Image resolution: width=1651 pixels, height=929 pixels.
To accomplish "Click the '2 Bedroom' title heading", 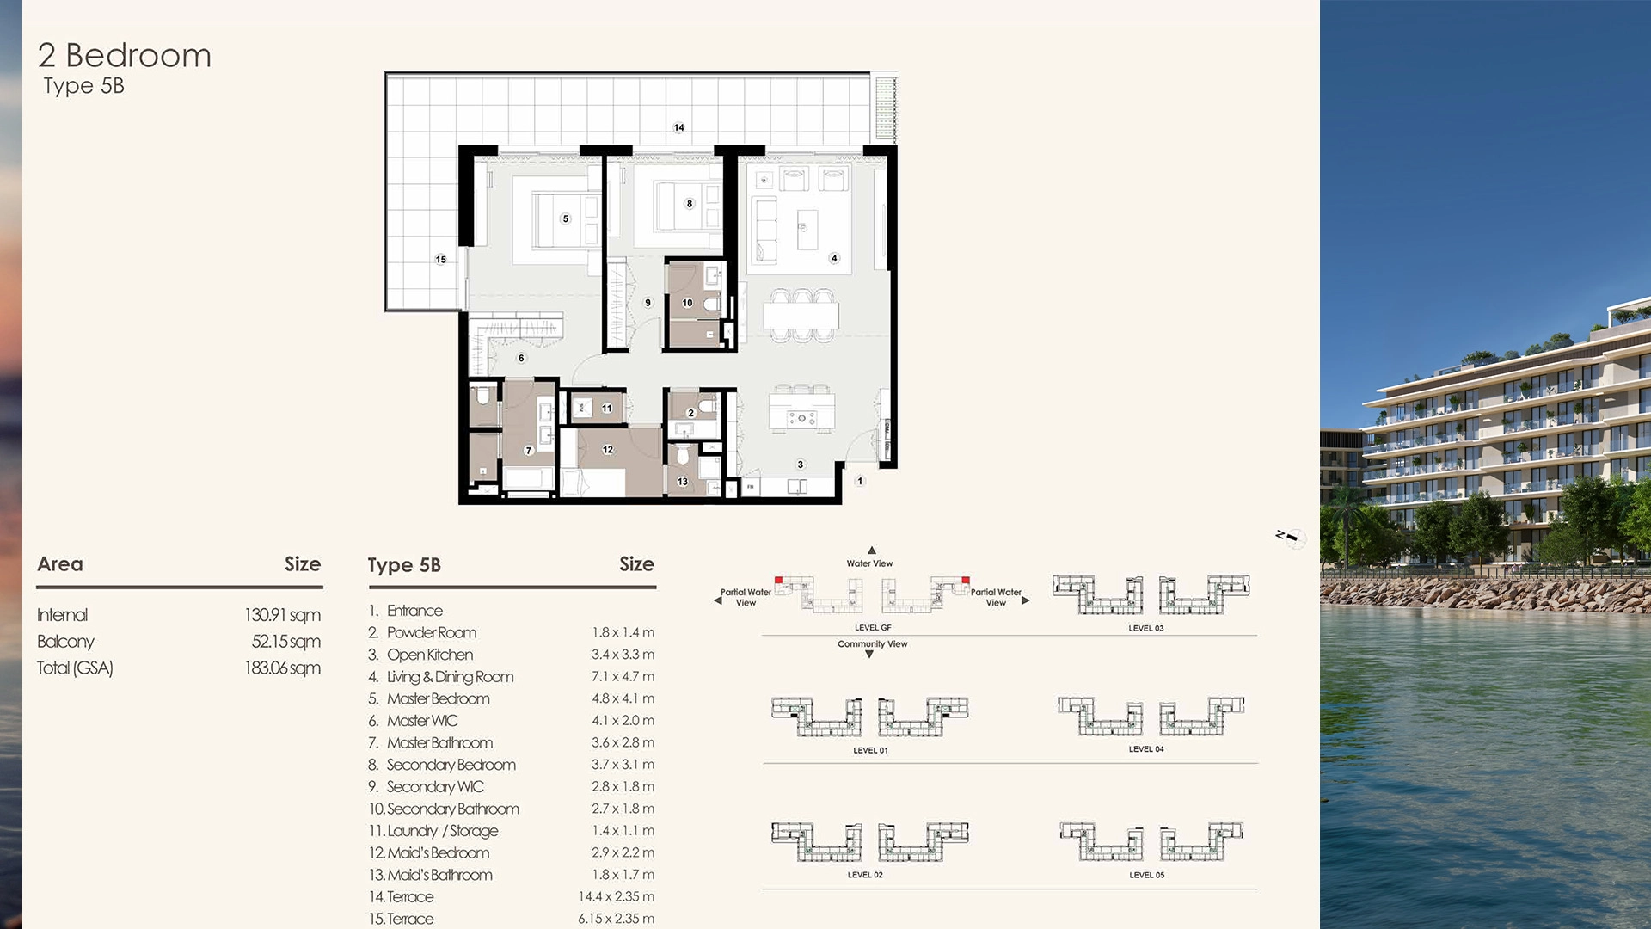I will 125,56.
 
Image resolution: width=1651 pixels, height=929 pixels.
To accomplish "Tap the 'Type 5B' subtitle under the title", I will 83,86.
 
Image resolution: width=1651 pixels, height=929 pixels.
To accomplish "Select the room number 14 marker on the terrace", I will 678,127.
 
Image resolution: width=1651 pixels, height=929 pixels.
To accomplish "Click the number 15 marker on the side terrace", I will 440,259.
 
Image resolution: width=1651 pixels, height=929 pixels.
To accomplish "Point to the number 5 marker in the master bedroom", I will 565,218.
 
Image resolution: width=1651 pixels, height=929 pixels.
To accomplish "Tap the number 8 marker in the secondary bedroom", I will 689,204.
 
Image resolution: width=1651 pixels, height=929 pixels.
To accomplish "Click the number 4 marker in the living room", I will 833,258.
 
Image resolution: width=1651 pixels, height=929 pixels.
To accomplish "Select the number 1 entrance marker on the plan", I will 859,481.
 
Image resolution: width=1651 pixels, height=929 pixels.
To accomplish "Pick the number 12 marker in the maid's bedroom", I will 607,450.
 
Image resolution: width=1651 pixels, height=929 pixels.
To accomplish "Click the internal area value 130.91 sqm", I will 282,615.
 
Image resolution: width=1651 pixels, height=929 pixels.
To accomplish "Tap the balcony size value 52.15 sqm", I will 285,642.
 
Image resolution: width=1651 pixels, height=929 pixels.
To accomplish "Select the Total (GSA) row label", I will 75,668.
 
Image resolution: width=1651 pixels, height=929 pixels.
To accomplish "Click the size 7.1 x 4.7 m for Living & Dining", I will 623,677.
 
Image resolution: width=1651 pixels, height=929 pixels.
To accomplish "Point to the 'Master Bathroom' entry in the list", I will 439,742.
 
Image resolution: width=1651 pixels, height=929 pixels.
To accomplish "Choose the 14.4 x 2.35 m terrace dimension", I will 616,896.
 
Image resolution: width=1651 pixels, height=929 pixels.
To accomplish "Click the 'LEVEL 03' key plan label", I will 1145,629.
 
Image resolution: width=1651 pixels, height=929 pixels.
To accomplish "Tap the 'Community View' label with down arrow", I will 872,644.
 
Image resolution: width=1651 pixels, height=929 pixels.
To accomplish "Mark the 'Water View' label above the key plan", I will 869,563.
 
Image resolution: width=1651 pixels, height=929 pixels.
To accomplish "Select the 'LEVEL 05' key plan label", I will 1146,875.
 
